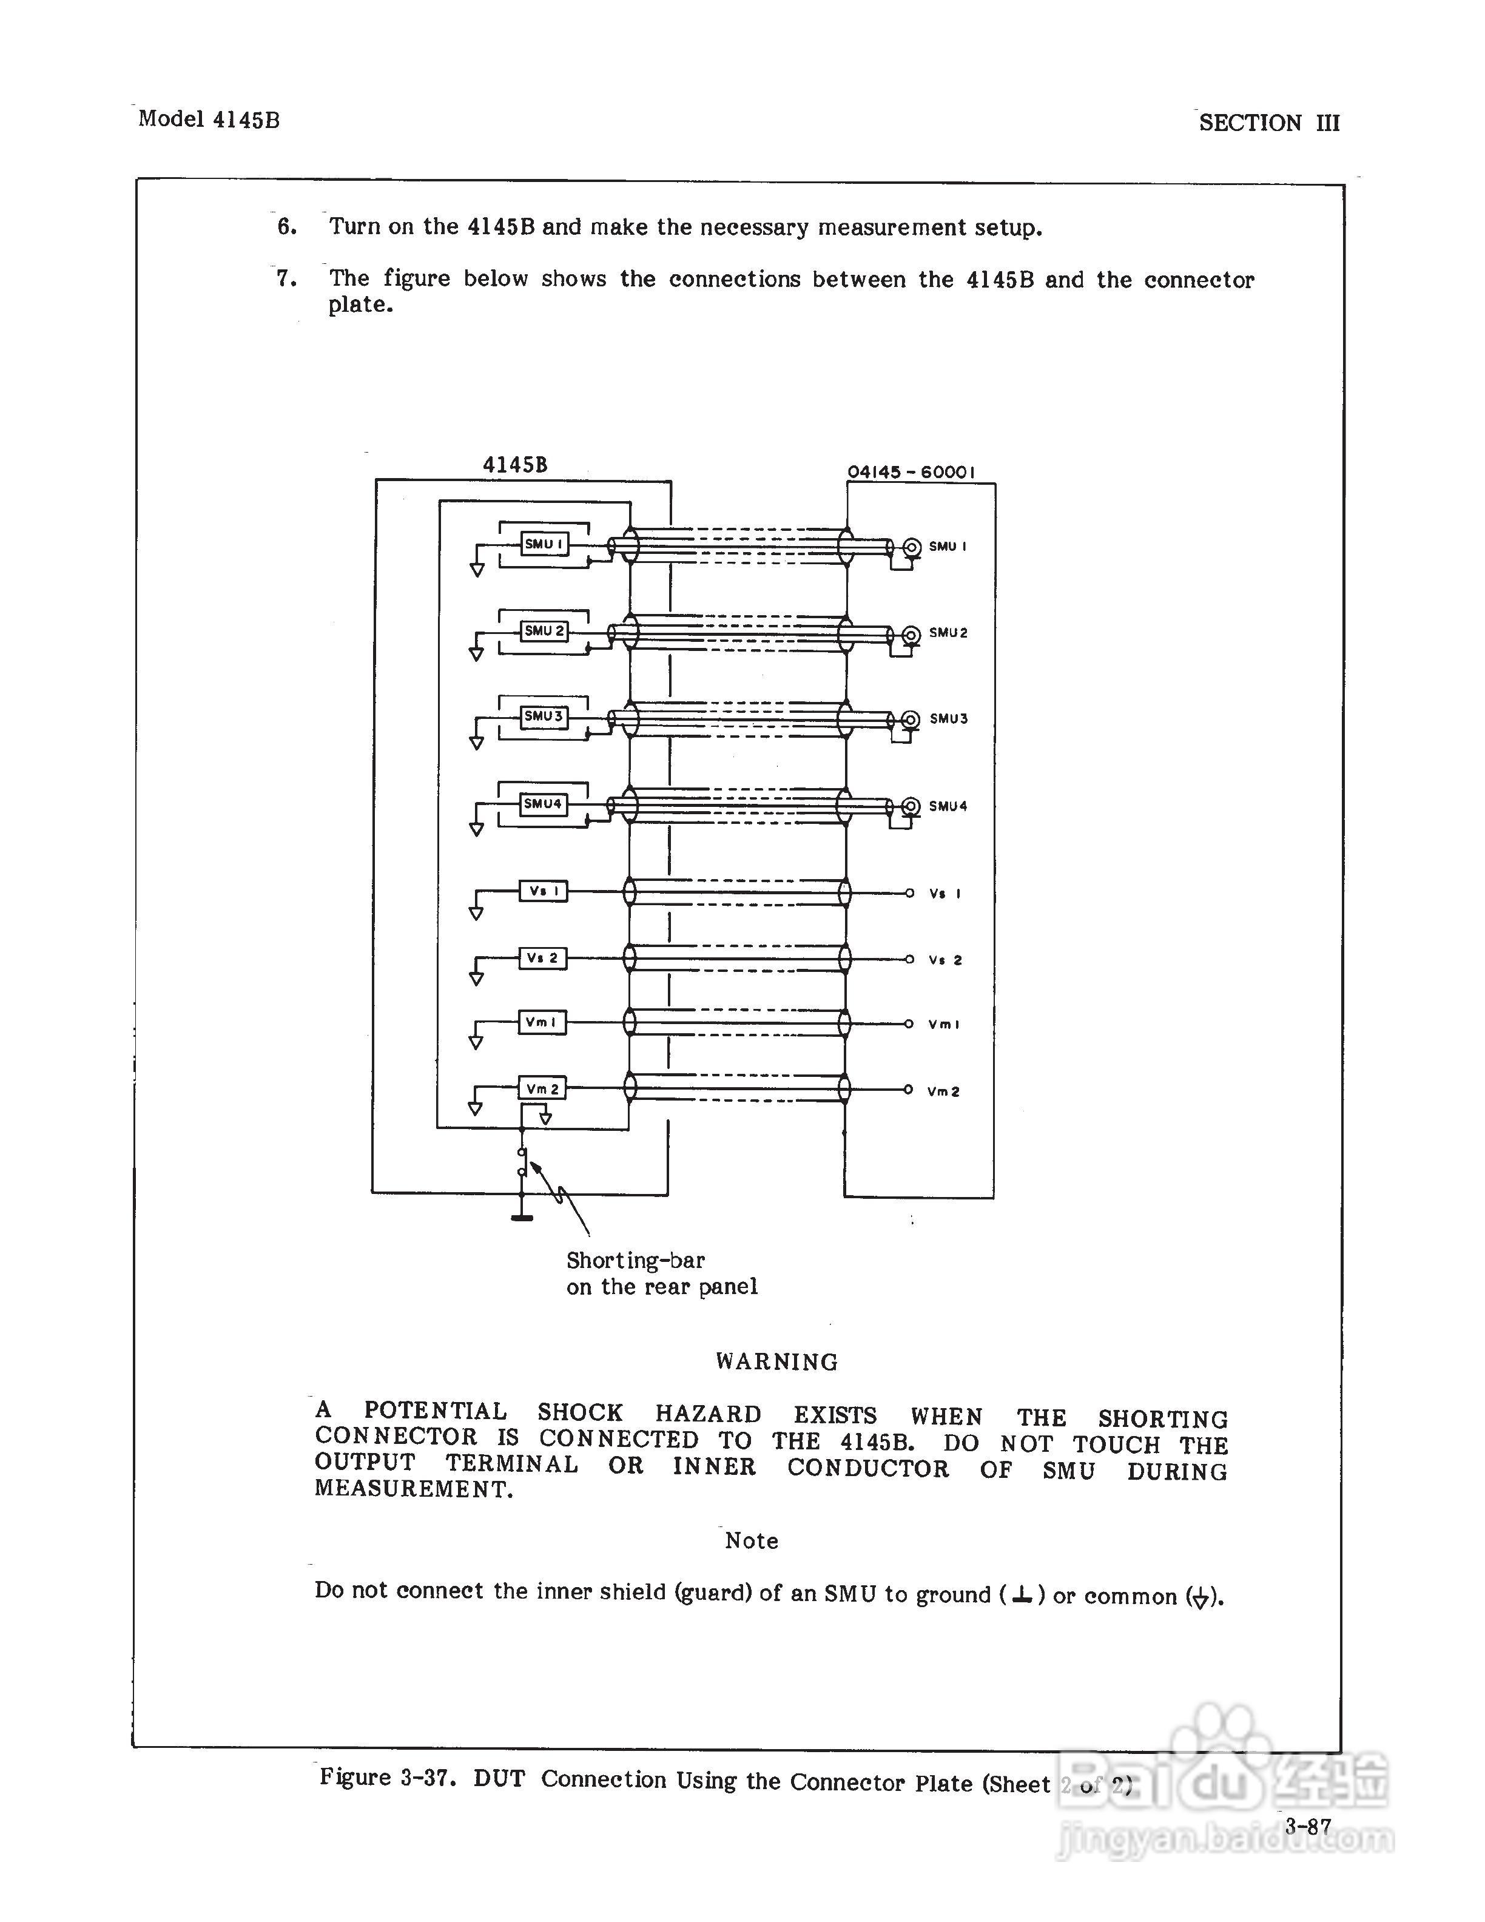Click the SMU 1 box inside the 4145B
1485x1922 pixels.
544,544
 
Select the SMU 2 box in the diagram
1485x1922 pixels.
544,630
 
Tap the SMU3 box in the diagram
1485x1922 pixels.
544,717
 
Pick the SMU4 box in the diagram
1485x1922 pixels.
543,803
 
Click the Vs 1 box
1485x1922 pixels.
543,891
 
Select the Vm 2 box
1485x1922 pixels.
542,1088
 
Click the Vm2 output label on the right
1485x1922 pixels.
943,1091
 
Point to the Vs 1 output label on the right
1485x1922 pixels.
945,893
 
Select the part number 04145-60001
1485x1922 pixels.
911,471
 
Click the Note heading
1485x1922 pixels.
752,1540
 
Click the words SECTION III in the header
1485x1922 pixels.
1268,123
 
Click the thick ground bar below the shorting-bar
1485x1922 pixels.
522,1218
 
